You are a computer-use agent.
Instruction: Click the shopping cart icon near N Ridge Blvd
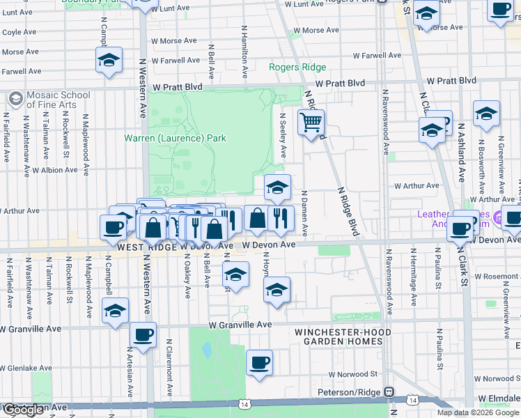311,123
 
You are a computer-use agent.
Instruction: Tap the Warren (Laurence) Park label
175,139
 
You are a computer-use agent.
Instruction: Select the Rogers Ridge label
297,67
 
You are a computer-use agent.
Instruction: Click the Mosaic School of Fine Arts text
58,100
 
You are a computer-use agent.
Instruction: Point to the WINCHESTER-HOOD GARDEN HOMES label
338,336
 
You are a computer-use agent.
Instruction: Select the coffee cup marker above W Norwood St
259,363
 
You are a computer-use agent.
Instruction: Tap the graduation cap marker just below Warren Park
277,187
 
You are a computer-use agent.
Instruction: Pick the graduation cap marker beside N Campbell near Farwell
109,61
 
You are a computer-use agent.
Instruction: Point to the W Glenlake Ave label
26,368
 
